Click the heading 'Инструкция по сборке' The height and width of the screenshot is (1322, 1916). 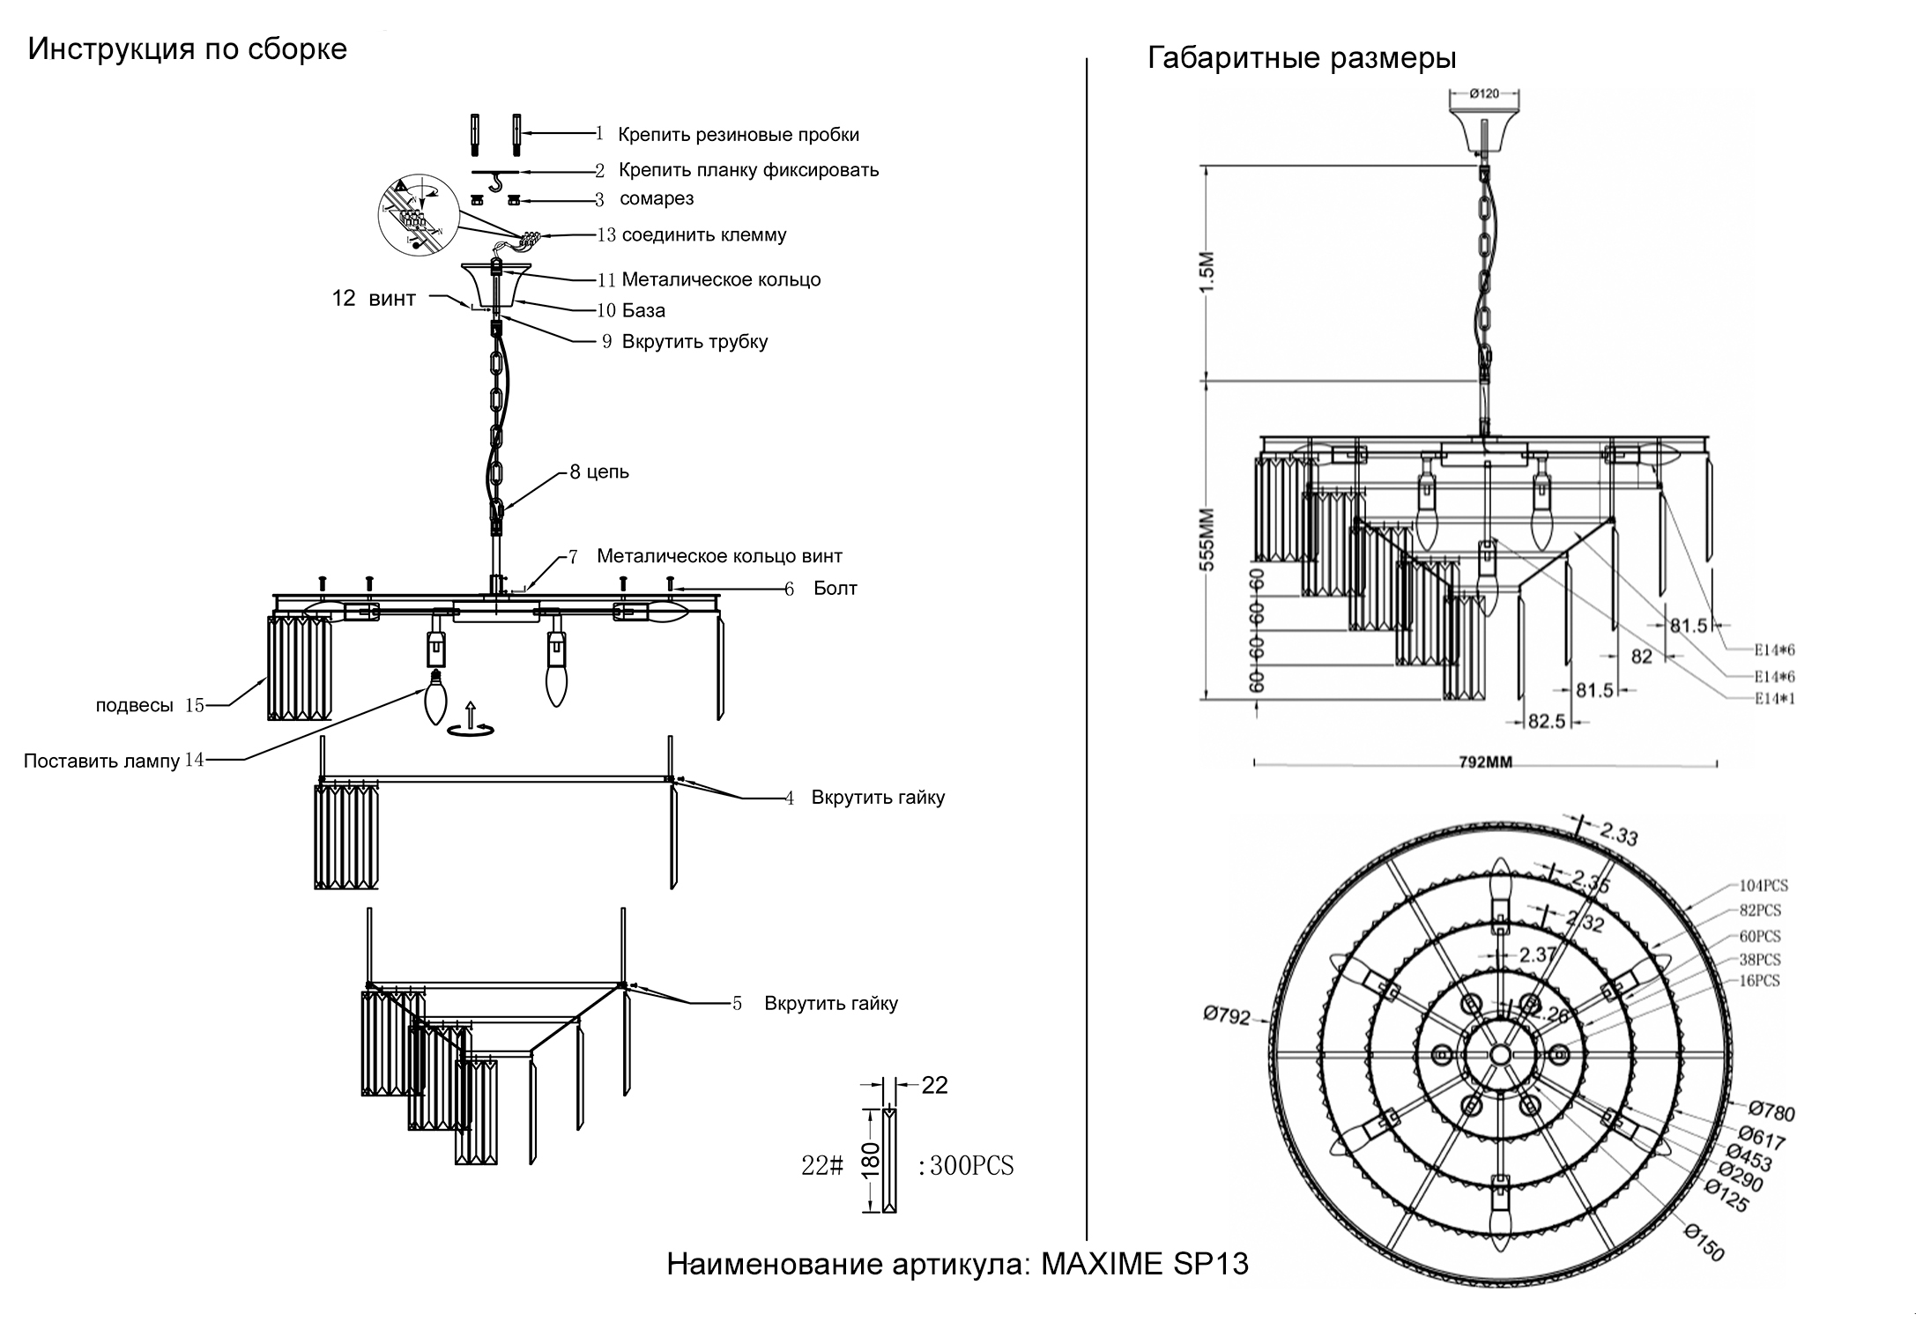click(x=187, y=48)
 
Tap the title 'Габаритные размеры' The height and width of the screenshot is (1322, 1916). click(x=1302, y=58)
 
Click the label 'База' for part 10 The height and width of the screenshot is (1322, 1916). click(x=643, y=310)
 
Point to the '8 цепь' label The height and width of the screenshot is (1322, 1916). click(x=599, y=472)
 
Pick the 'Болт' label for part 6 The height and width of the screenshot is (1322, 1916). click(x=835, y=589)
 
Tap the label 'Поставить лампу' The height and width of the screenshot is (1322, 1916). click(x=101, y=761)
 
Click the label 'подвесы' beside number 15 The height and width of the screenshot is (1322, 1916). click(x=134, y=705)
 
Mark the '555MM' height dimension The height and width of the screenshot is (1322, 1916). click(x=1207, y=539)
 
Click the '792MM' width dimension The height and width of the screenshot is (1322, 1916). click(x=1485, y=762)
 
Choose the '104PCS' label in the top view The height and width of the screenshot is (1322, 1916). click(x=1764, y=886)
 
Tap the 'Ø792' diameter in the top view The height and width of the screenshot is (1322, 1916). click(x=1227, y=1016)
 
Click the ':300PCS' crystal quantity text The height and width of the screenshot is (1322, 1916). click(x=966, y=1166)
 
